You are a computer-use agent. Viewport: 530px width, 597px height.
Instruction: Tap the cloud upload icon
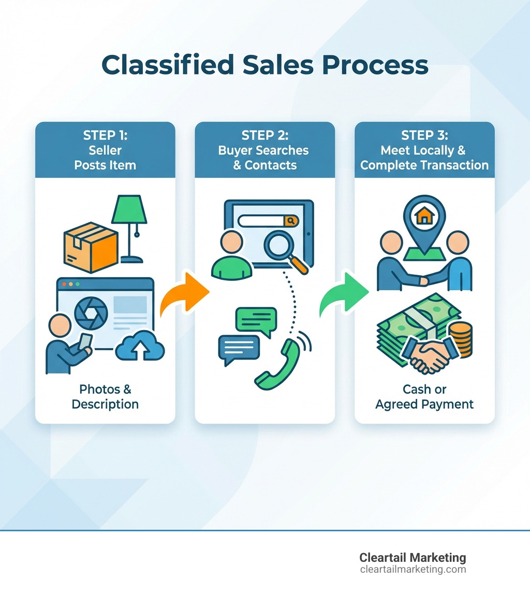coord(140,346)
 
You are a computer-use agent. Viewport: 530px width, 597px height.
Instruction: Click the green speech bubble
coord(256,321)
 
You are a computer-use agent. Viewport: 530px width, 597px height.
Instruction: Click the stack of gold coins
coord(460,338)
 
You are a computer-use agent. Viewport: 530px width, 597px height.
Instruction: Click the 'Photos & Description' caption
coord(105,396)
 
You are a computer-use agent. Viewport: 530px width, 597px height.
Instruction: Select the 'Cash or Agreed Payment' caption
coord(424,396)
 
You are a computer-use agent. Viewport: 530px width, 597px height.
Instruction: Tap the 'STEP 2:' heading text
coord(264,136)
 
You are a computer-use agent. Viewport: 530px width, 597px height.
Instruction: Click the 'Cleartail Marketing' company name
coord(413,558)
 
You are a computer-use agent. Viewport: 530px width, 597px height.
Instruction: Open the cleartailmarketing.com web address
coord(413,570)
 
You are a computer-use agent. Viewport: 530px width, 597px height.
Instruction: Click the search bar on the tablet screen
coord(261,220)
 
